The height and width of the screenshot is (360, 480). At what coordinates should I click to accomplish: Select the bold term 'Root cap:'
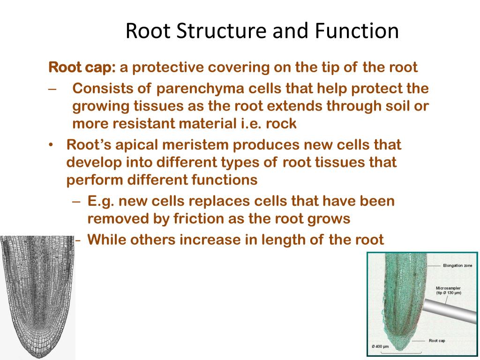pos(82,67)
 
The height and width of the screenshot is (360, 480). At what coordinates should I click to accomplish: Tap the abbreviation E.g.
pos(101,201)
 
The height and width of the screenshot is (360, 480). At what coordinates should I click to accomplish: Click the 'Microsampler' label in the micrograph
pos(448,288)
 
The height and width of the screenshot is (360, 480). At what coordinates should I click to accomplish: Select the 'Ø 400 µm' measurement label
pos(380,346)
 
